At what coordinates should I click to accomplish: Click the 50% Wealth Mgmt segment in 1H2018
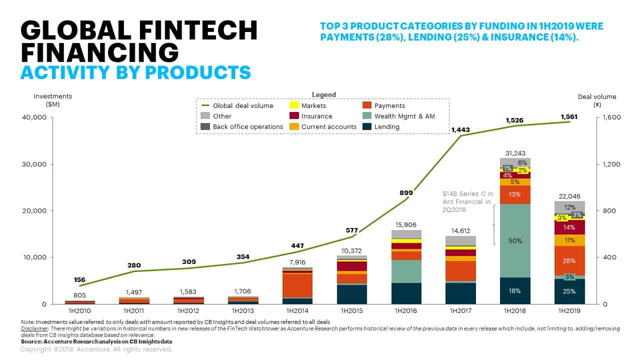click(x=515, y=241)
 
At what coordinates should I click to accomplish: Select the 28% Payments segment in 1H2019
click(x=569, y=261)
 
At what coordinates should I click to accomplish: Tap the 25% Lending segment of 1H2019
click(x=569, y=291)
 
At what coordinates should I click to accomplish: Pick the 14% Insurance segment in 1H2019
click(x=569, y=227)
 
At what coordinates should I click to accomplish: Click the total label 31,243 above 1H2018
click(x=515, y=153)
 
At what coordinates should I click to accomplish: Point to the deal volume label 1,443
click(x=461, y=130)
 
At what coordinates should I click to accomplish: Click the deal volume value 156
click(x=79, y=280)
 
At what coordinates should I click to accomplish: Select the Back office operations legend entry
click(x=248, y=126)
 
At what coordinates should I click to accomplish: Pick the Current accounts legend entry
click(x=328, y=126)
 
